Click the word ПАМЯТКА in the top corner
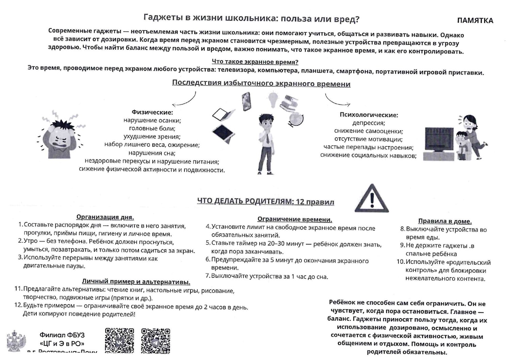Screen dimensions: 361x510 click(475, 21)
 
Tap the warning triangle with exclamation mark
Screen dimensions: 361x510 click(372, 199)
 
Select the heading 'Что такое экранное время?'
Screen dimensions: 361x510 click(255, 62)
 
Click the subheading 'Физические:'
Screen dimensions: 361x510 click(152, 112)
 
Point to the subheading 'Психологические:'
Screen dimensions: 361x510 click(368, 115)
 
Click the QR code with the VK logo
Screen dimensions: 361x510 click(119, 341)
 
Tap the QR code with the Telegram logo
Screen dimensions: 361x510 click(155, 341)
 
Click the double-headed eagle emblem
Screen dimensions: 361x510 click(16, 341)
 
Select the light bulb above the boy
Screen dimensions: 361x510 click(273, 99)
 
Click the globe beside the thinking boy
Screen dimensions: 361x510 click(295, 119)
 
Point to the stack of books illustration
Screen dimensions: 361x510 click(289, 102)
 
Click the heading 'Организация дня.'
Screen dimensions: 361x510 click(105, 217)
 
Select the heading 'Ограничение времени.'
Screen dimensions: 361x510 click(295, 219)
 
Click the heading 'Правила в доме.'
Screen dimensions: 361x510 click(445, 221)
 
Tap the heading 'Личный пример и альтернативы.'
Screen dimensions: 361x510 click(136, 282)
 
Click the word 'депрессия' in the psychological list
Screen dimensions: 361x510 click(368, 123)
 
